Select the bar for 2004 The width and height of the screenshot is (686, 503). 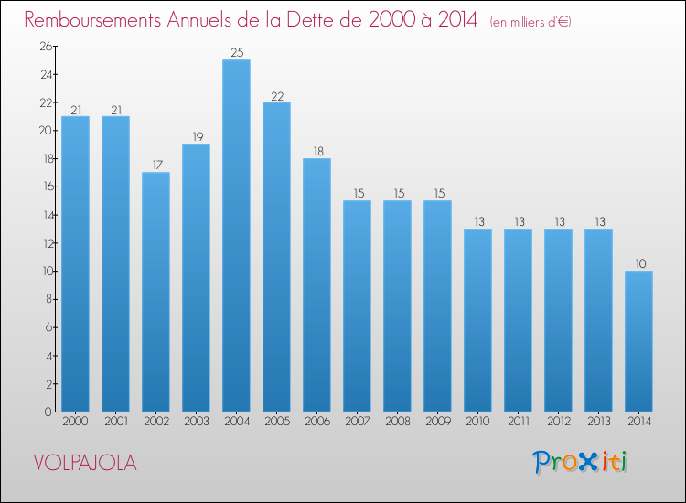click(x=236, y=236)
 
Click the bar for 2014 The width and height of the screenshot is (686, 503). click(x=638, y=341)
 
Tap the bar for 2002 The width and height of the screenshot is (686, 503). click(x=155, y=292)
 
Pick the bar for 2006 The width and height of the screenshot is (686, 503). click(x=316, y=285)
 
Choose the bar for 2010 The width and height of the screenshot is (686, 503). click(x=477, y=320)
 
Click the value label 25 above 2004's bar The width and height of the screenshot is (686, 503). click(x=237, y=52)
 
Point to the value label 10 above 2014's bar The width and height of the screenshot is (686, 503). click(x=640, y=263)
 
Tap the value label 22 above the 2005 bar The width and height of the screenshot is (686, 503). click(x=277, y=96)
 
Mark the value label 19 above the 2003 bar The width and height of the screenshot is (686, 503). click(x=198, y=137)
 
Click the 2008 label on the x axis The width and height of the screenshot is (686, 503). click(x=398, y=422)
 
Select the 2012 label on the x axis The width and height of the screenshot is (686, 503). click(x=559, y=422)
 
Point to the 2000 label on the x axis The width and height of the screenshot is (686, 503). click(x=75, y=422)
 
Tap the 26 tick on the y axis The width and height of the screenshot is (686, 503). click(x=46, y=47)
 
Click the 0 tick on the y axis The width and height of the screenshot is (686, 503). click(x=48, y=412)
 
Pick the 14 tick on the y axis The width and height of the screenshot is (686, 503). click(x=47, y=215)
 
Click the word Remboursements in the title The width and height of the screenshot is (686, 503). click(x=92, y=20)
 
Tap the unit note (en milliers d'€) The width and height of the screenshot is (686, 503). click(x=531, y=22)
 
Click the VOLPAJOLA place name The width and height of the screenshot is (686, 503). click(x=85, y=463)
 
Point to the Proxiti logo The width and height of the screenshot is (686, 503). click(x=580, y=462)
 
